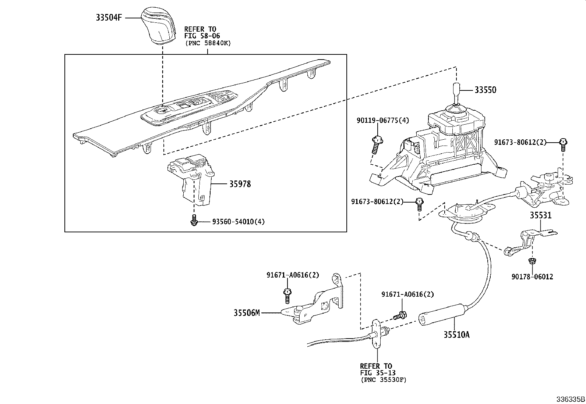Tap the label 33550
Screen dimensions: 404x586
coord(485,90)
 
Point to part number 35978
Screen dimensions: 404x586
coord(240,184)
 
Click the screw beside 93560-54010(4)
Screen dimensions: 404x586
coord(194,221)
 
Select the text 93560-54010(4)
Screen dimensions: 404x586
coord(238,222)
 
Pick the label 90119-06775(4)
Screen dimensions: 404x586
coord(382,121)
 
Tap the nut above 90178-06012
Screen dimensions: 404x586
coord(531,261)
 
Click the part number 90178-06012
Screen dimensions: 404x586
coord(532,277)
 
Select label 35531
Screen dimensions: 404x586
coord(541,215)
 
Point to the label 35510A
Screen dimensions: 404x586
coord(456,335)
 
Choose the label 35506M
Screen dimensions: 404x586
coord(247,313)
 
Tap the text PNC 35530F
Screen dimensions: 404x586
coord(384,380)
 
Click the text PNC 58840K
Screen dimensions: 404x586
coord(208,43)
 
